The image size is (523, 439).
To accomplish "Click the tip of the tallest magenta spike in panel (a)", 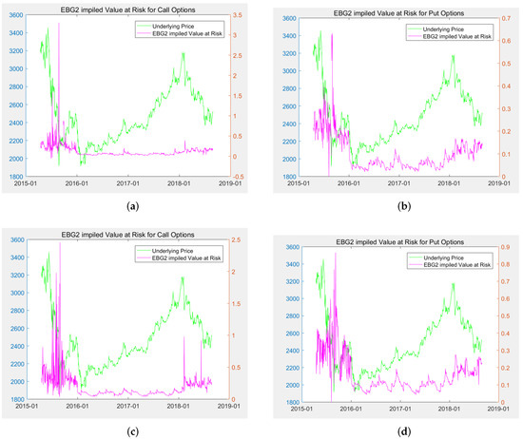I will tap(59, 25).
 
